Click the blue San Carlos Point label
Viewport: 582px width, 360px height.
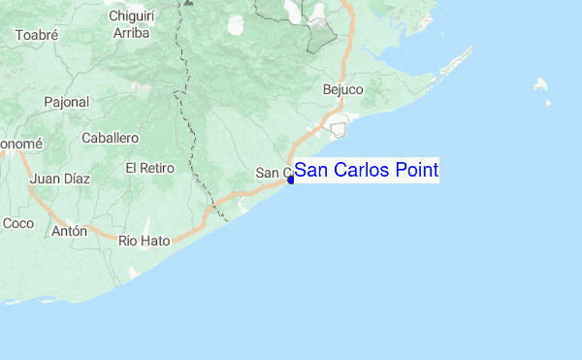tap(366, 171)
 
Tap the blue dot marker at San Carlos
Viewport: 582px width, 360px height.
tap(290, 179)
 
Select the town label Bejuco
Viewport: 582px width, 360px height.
tap(342, 90)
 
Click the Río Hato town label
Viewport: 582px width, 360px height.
tap(144, 240)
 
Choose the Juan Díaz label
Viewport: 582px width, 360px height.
tap(60, 179)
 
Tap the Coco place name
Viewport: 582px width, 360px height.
tap(18, 223)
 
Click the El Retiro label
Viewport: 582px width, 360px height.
tap(149, 168)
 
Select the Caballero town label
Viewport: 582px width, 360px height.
tap(111, 139)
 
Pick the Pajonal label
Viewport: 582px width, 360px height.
tap(66, 101)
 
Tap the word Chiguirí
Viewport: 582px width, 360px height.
tap(134, 16)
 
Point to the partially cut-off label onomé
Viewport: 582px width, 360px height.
tap(20, 144)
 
